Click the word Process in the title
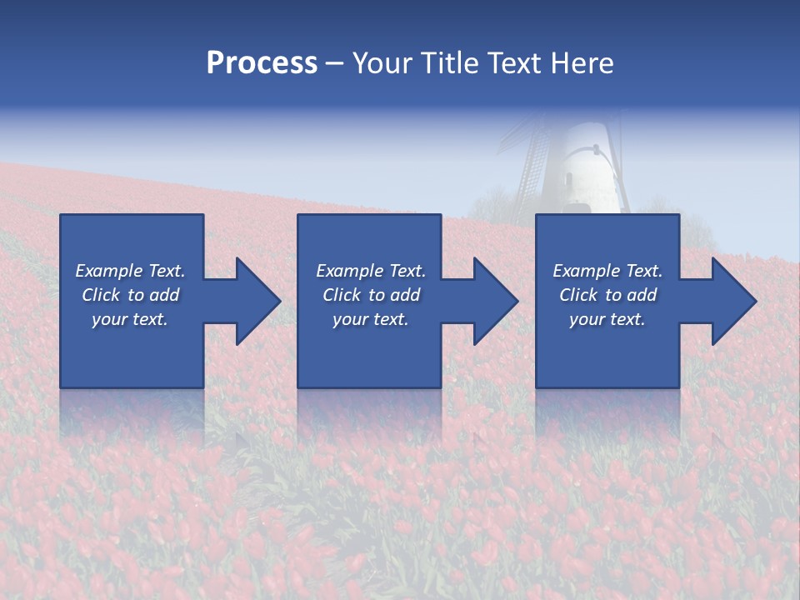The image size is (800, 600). pos(262,63)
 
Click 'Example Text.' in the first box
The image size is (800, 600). pos(130,271)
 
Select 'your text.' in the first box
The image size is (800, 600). pos(130,319)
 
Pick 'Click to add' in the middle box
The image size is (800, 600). pos(371,295)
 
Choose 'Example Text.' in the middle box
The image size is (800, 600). pos(371,271)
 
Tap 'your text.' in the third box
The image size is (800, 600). pos(607,319)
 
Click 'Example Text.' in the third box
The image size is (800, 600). pos(607,271)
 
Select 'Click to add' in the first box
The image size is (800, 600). pos(130,295)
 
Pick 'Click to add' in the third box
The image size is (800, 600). pos(607,295)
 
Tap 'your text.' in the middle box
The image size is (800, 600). pos(371,319)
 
